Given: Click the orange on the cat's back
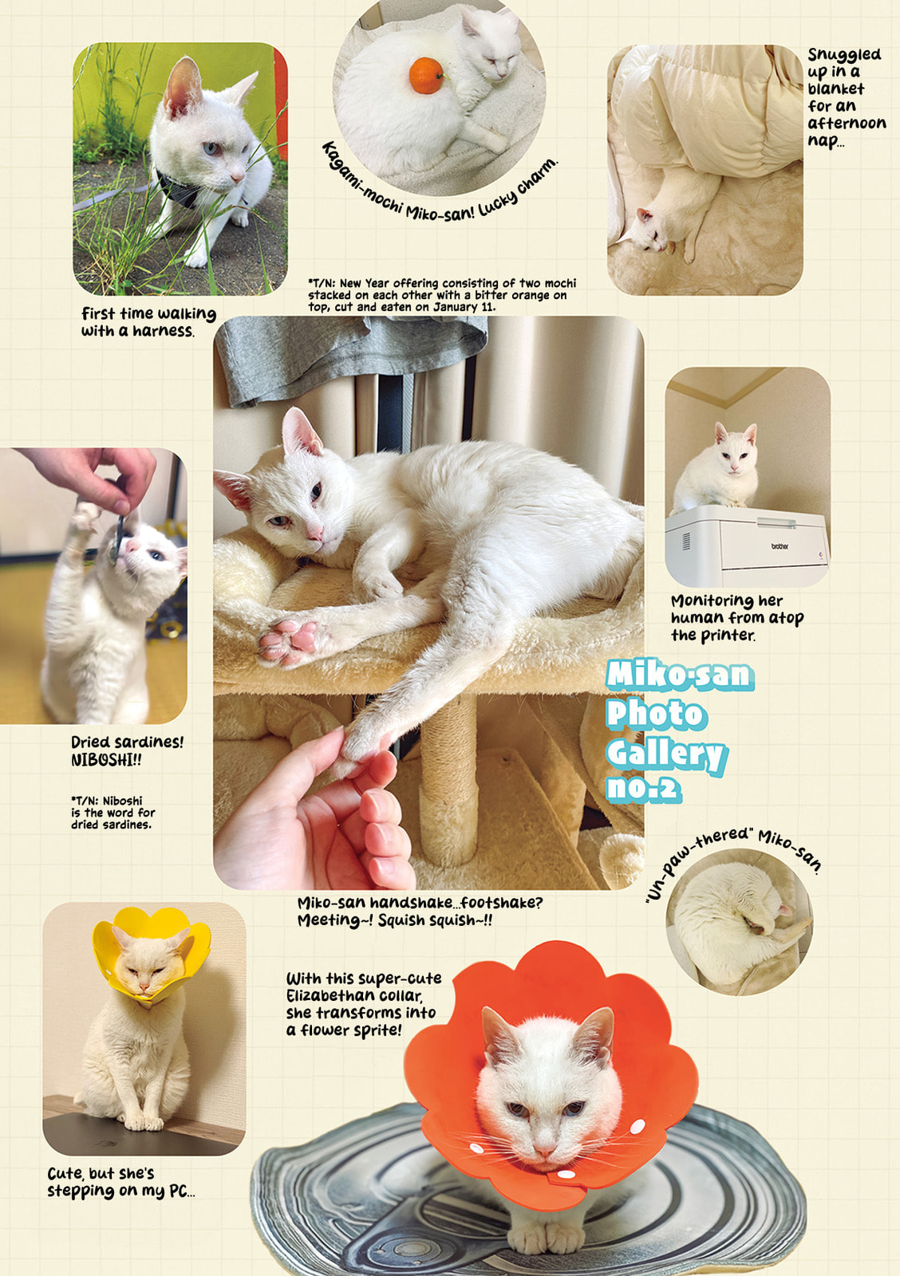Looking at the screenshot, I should tap(426, 76).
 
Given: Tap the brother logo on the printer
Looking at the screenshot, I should tap(779, 546).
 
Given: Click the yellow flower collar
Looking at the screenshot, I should tap(152, 953).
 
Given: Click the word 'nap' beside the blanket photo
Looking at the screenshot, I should tap(823, 141).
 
